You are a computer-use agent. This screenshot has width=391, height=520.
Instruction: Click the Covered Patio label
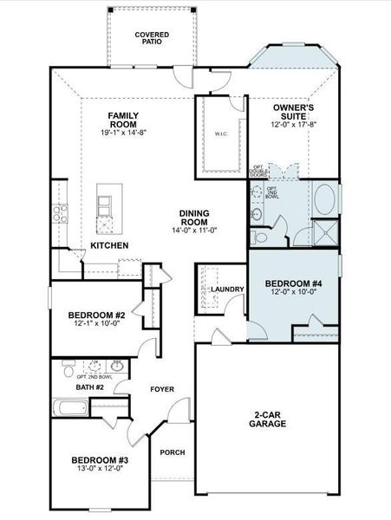click(152, 38)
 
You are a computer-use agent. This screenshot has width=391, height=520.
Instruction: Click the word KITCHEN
click(109, 246)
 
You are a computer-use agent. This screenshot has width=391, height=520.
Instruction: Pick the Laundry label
click(226, 289)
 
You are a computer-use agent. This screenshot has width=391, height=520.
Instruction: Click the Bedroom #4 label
click(292, 283)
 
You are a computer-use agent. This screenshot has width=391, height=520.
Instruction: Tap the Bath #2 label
click(89, 387)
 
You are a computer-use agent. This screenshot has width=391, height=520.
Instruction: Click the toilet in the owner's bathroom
click(256, 212)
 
